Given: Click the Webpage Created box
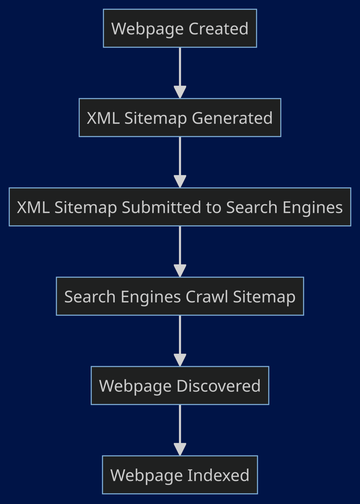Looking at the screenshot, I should pyautogui.click(x=180, y=28).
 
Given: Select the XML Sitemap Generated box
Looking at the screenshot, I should pyautogui.click(x=180, y=117).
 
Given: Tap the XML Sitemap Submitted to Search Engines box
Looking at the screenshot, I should pyautogui.click(x=180, y=207).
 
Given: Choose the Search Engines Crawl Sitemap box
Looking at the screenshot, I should pyautogui.click(x=180, y=296).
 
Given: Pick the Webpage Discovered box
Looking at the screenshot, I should pyautogui.click(x=180, y=385).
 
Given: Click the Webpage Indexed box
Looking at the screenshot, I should pyautogui.click(x=180, y=474).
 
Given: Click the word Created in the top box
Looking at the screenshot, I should pyautogui.click(x=218, y=29).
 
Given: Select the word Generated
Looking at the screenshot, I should pyautogui.click(x=232, y=118).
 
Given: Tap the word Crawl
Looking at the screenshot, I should pyautogui.click(x=207, y=297).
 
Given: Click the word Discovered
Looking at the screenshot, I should pyautogui.click(x=218, y=386).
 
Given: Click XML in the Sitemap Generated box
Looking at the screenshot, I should pyautogui.click(x=103, y=118).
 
